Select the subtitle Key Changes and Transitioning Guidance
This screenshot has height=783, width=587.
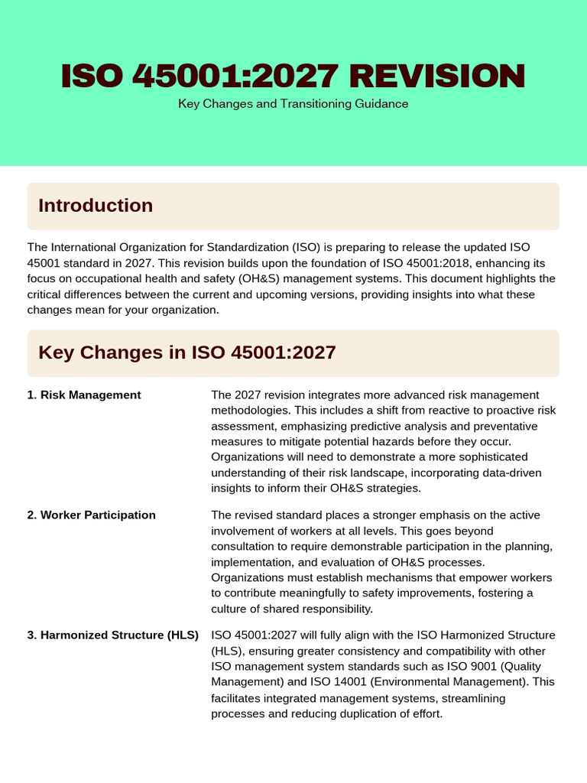293,103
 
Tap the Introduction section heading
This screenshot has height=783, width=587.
96,206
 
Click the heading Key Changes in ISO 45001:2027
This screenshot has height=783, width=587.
187,353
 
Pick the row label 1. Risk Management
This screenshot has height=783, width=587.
84,395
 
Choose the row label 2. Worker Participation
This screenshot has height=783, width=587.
91,515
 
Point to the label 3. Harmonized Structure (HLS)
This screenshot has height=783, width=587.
112,635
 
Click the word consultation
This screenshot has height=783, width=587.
246,547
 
